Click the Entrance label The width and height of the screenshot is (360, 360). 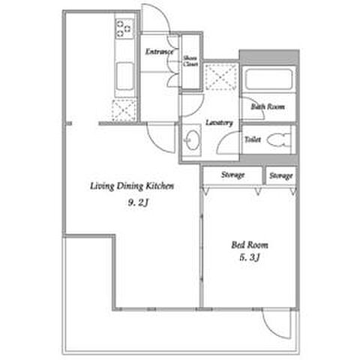coord(159,52)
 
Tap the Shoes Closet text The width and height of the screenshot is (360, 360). coord(190,61)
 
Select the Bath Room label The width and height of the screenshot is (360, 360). coord(268,106)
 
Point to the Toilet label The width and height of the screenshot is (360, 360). coord(253,139)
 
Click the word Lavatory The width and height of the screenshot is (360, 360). coord(219,122)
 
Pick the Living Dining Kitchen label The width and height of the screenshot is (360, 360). coord(132,186)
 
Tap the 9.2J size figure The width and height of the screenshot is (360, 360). coord(138,202)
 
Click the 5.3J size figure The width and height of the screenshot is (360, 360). coord(250,257)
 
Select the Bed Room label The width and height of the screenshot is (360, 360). coord(250,244)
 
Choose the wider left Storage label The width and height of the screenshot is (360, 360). coord(232,175)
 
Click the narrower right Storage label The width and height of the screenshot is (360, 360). coord(281,175)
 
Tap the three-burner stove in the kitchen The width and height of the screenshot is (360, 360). coord(124,28)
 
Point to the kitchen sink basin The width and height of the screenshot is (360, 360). coord(124,76)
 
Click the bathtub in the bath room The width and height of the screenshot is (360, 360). coord(268,79)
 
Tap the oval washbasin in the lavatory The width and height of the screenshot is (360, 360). coord(193,140)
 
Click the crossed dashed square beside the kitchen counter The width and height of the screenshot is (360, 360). coord(124,110)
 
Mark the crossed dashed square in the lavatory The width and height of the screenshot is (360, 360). coord(220,76)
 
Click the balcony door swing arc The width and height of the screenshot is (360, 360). coord(276,324)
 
